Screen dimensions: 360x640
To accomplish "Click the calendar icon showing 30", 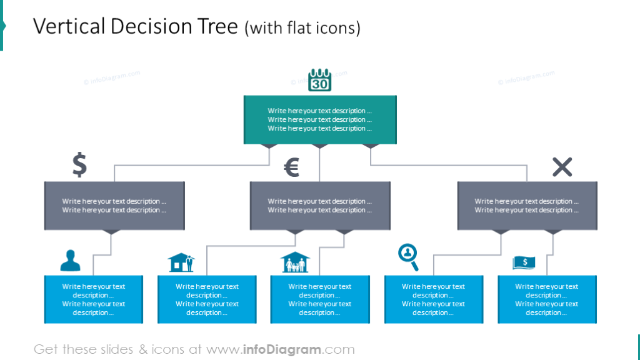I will pos(320,81).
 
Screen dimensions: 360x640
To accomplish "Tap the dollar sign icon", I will pos(79,164).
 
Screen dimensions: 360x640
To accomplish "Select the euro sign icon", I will pos(291,167).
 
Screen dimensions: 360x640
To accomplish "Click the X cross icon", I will pos(562,167).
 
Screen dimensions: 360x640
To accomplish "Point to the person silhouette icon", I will pos(70,261).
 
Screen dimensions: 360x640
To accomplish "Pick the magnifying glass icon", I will pos(408,257).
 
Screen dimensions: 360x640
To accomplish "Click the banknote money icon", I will pos(524,262).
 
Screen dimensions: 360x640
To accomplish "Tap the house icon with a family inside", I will pos(294,262).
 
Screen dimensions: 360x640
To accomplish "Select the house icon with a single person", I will pos(181,262).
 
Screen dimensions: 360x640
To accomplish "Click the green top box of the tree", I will pos(320,119).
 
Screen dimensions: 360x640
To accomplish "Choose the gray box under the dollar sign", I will pos(114,206).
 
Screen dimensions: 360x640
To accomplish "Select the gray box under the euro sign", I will pos(320,206).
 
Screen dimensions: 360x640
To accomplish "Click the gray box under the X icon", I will pos(527,206).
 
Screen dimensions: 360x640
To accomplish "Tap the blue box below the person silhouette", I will pos(94,299).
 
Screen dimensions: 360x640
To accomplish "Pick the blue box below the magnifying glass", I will pos(434,299).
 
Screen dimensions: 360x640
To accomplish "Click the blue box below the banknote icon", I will pos(547,299).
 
